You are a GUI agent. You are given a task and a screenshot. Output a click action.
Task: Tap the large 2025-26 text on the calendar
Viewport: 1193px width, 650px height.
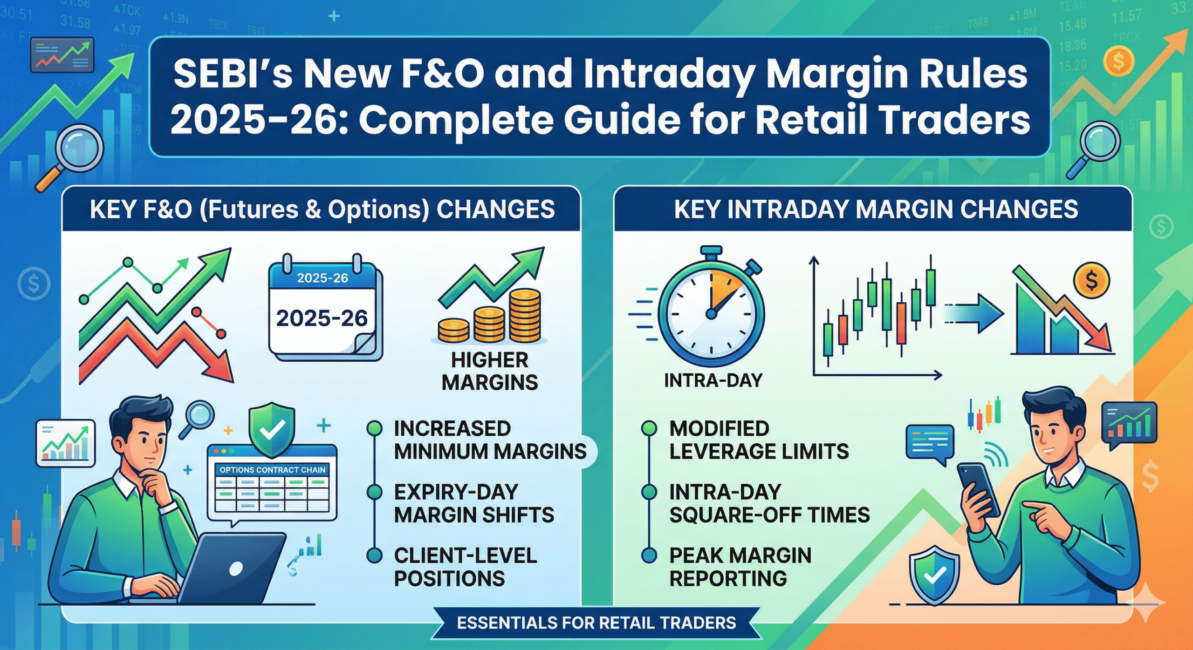322,318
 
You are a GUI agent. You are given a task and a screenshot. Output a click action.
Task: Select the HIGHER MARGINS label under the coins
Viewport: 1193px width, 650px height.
489,372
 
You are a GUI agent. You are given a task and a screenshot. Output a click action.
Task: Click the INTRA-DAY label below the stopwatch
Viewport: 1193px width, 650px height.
713,381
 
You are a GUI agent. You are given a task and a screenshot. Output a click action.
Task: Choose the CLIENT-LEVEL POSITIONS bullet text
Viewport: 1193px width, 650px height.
465,567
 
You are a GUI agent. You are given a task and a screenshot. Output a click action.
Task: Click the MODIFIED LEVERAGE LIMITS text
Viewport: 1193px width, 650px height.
759,440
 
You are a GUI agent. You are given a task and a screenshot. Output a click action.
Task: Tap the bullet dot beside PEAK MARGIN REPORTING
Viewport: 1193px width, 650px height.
649,555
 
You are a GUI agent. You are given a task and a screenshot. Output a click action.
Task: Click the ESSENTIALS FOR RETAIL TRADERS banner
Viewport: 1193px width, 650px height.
596,623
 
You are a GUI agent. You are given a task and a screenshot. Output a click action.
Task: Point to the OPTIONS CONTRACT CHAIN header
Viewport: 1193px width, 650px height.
272,470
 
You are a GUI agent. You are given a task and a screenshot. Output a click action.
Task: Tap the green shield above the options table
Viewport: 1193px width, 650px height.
272,429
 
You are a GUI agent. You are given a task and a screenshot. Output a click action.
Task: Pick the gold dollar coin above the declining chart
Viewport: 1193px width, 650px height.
1091,280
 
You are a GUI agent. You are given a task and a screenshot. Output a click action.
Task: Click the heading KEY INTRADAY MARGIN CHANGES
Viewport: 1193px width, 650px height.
876,210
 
